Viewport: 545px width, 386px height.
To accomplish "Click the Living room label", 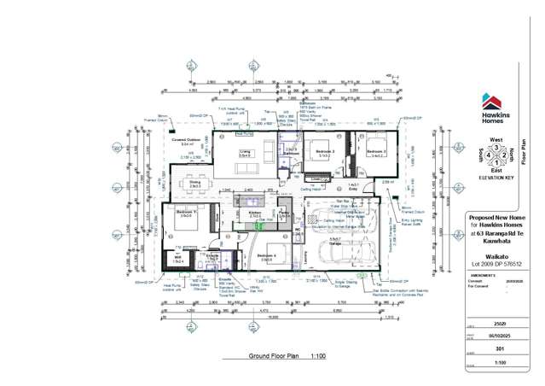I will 244,151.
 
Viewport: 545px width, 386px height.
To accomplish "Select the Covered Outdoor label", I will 185,140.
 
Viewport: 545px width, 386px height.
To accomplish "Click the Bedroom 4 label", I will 267,255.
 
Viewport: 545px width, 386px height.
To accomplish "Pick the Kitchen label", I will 254,212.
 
